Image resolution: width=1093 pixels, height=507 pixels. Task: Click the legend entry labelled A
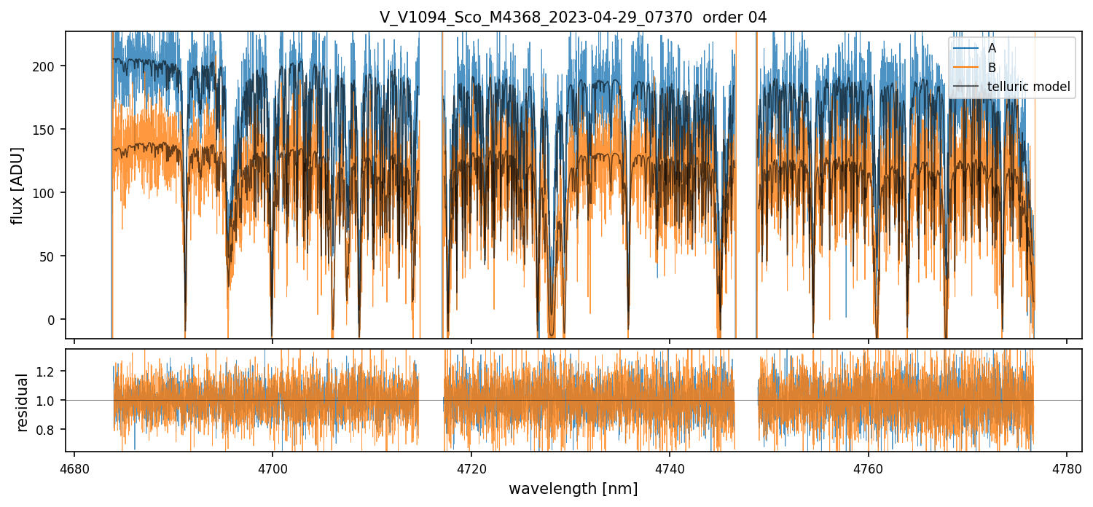[992, 49]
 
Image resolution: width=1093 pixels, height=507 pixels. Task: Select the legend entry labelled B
[992, 68]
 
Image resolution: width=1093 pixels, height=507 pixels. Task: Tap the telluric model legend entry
[1028, 87]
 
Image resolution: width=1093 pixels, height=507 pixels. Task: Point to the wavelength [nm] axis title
[573, 488]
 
